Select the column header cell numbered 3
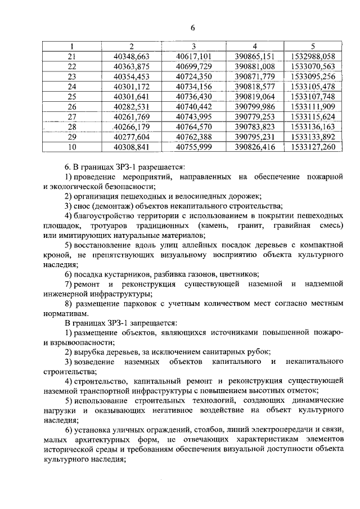[193, 46]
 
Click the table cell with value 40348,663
[130, 56]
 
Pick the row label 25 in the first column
[71, 96]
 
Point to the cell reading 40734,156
[193, 86]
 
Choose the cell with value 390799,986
[254, 106]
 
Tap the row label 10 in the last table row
[71, 147]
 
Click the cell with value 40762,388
[193, 137]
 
